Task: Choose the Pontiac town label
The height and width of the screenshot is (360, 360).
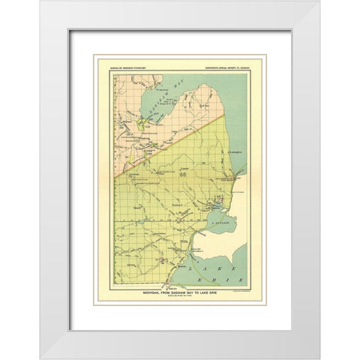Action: [x=178, y=203]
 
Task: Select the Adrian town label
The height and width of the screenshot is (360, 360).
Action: [x=131, y=265]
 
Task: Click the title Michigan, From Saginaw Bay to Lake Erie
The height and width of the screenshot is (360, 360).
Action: [x=179, y=293]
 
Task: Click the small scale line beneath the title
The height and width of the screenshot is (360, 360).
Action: [x=179, y=298]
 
